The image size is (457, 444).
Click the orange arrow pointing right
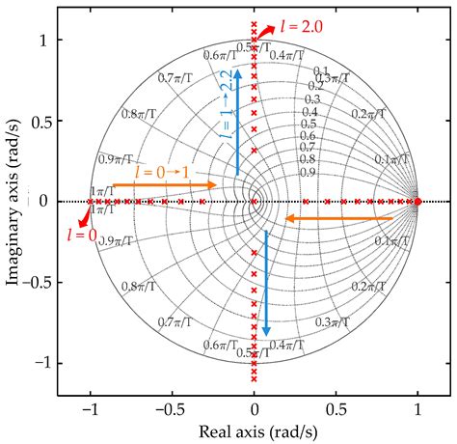165,183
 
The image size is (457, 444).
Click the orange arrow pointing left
337,220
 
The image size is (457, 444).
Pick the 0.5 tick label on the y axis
40,121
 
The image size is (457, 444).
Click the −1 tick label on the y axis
40,363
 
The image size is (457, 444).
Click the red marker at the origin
254,202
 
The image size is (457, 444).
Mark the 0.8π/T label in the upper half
139,113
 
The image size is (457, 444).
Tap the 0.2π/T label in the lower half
368,289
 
